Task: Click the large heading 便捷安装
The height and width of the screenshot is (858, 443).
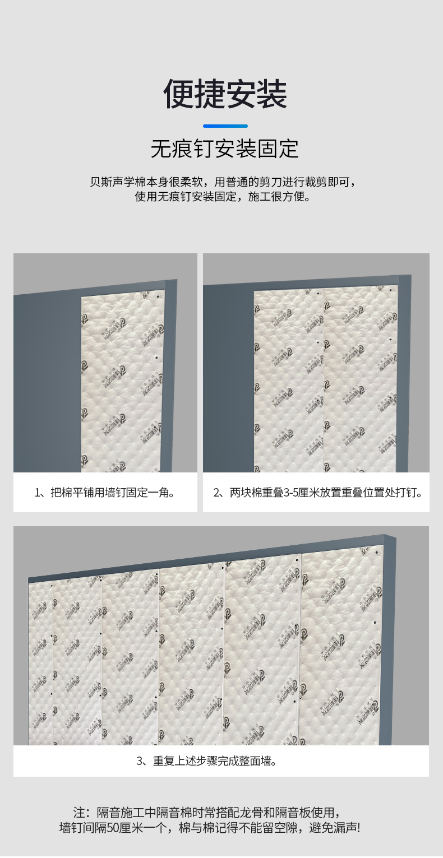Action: (x=225, y=94)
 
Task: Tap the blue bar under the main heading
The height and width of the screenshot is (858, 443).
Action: (x=225, y=126)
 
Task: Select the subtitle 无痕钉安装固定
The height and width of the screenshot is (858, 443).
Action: (x=224, y=149)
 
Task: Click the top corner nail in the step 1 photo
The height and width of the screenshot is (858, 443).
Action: (x=159, y=297)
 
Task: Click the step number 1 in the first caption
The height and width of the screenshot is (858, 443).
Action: (x=38, y=493)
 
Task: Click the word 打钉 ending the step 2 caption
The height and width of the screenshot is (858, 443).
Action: (x=409, y=493)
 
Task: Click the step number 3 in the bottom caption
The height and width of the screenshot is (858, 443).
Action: (x=140, y=761)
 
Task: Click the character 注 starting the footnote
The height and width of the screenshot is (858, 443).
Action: (x=79, y=813)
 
